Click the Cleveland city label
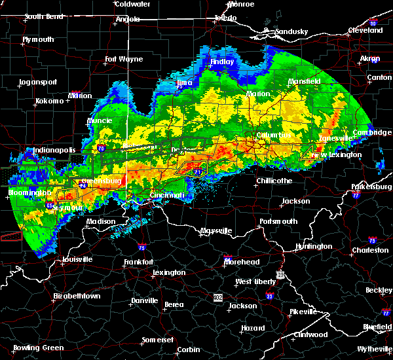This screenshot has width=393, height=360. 365,30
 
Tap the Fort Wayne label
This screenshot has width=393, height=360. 124,59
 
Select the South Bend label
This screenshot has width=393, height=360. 43,17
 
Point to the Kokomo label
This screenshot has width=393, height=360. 50,101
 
